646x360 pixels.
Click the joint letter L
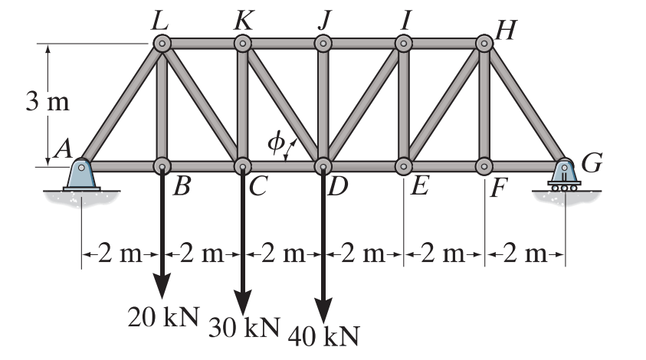(x=160, y=20)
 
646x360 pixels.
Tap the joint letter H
(x=506, y=29)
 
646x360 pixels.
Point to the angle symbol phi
(x=274, y=142)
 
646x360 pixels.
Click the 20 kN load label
(x=162, y=316)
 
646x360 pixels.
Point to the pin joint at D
(x=323, y=165)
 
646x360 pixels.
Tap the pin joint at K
(x=243, y=44)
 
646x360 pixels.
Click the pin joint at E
(x=404, y=165)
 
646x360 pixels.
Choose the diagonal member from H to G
(x=525, y=103)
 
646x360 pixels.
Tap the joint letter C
(x=257, y=188)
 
